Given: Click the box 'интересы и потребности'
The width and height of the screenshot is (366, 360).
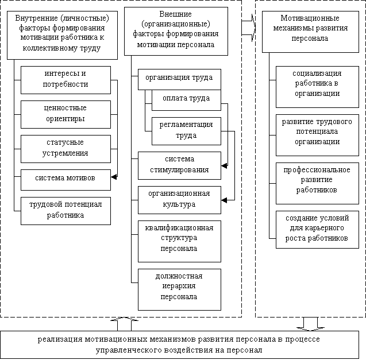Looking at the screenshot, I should pyautogui.click(x=65, y=80).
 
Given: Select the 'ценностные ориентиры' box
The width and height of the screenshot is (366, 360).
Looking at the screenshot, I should pyautogui.click(x=65, y=114).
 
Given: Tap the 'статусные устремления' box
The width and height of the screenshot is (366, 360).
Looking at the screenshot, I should pyautogui.click(x=65, y=148).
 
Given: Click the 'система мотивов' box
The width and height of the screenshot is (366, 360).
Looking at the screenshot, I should pyautogui.click(x=65, y=179).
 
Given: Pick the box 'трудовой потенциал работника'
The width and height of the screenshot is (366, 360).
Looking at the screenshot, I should pyautogui.click(x=65, y=210).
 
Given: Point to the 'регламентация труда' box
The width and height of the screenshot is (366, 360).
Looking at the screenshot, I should pyautogui.click(x=186, y=131).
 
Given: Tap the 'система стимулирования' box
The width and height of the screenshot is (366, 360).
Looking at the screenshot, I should pyautogui.click(x=179, y=165).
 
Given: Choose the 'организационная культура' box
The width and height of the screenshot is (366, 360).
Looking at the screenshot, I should pyautogui.click(x=179, y=199).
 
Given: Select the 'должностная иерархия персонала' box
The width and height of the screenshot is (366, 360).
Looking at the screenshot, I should pyautogui.click(x=179, y=287).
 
